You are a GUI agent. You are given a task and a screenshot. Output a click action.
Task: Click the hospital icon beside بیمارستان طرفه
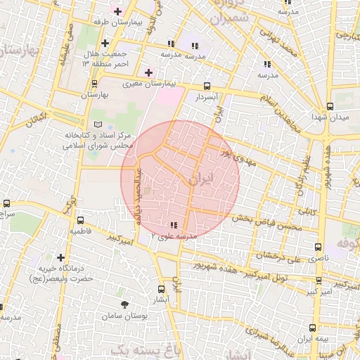[x=117, y=11]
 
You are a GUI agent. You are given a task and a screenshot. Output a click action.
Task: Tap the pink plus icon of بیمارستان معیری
[x=148, y=72]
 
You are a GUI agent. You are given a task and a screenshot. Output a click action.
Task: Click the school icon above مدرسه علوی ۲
[x=173, y=225]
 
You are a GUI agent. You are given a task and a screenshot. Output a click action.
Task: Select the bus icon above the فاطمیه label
[x=79, y=220]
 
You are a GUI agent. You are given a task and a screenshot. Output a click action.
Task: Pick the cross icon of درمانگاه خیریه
[x=61, y=258]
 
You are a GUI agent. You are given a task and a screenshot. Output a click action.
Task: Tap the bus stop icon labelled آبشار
[x=162, y=288]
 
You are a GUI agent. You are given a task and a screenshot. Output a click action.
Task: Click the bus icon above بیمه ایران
[x=313, y=327]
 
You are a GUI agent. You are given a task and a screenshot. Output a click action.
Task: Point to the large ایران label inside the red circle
[x=200, y=180]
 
